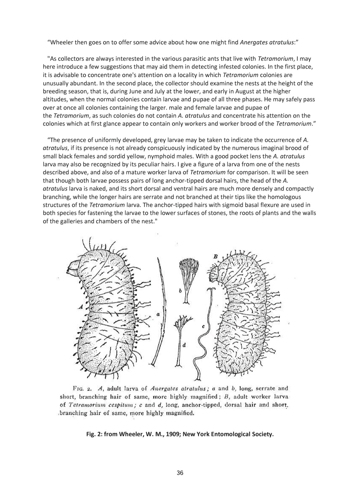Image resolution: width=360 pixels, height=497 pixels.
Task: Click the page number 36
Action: click(180, 473)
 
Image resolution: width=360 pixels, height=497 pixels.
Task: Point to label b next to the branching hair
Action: click(180, 290)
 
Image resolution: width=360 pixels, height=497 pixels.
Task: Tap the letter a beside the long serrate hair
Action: click(158, 314)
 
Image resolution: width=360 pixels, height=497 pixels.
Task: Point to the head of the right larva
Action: click(214, 274)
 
